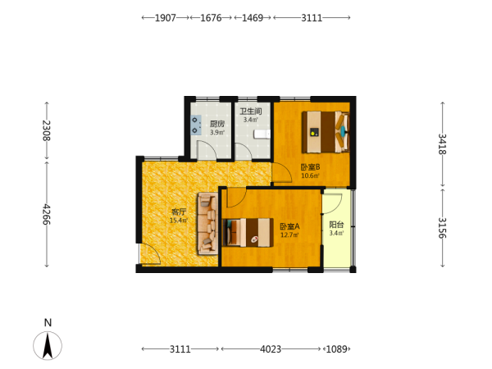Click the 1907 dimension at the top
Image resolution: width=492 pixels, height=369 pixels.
[166, 18]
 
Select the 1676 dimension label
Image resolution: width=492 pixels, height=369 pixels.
[211, 18]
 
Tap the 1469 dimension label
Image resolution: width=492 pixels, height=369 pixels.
[253, 18]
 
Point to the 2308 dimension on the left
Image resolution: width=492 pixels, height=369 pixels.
[47, 130]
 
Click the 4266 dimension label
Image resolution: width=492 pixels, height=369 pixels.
[47, 214]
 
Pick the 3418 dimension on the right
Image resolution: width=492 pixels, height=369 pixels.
[442, 144]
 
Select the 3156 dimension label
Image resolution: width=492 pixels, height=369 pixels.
[442, 228]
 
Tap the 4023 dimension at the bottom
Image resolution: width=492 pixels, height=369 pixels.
[271, 349]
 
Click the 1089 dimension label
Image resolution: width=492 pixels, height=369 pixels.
[337, 349]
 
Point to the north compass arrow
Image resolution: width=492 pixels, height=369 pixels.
[48, 345]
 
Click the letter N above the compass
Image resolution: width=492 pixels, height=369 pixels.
[48, 322]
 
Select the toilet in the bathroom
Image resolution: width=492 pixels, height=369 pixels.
[262, 134]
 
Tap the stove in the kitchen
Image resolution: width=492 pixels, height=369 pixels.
[196, 125]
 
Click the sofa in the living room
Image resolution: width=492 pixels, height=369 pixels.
[207, 224]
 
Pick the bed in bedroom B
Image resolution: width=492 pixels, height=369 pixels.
[326, 132]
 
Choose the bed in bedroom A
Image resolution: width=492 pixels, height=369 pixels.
[248, 232]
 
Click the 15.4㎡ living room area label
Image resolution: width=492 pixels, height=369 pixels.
[179, 221]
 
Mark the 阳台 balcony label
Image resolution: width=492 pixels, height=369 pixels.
[336, 225]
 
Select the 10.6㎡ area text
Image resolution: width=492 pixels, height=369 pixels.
[310, 175]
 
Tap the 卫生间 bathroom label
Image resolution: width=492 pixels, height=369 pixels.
[251, 112]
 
